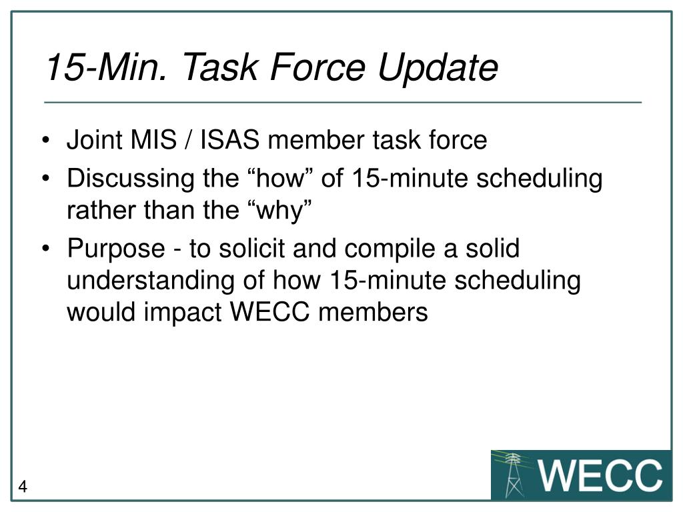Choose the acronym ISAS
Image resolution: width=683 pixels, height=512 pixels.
click(225, 141)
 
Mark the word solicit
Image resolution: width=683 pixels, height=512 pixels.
click(253, 249)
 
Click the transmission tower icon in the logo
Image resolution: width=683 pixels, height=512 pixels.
click(514, 475)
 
